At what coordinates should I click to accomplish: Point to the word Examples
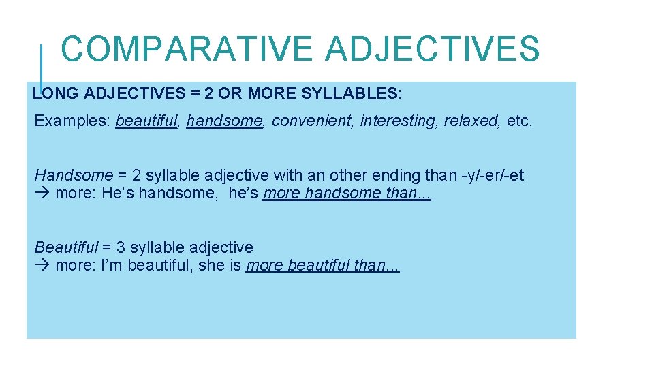(72, 121)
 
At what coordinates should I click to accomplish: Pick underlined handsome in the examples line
(224, 121)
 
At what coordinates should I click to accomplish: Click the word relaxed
(471, 121)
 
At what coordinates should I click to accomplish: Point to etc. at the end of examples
(520, 121)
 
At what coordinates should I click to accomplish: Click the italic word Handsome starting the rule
(73, 176)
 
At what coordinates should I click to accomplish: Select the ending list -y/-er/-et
(493, 176)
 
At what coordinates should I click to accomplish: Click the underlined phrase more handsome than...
(346, 194)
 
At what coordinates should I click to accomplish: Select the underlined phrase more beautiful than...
(322, 265)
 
